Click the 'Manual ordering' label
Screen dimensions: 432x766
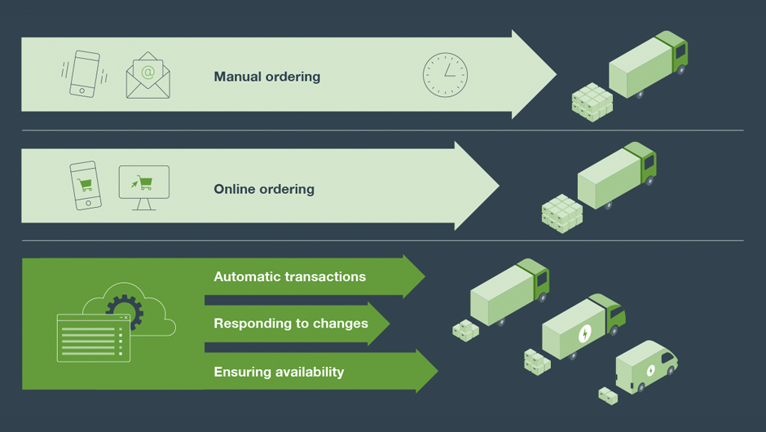pyautogui.click(x=266, y=77)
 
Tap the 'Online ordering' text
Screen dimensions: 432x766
pyautogui.click(x=263, y=189)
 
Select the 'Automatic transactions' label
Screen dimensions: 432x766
pyautogui.click(x=289, y=277)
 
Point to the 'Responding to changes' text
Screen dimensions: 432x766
pyautogui.click(x=291, y=324)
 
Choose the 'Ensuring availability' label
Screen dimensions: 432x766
pyautogui.click(x=279, y=372)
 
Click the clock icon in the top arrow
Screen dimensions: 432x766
pyautogui.click(x=445, y=76)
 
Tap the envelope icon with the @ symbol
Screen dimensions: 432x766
pyautogui.click(x=147, y=76)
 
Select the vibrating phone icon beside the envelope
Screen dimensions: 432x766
pyautogui.click(x=84, y=74)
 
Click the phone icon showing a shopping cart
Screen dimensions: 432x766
pyautogui.click(x=85, y=186)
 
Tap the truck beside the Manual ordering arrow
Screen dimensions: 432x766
pyautogui.click(x=649, y=64)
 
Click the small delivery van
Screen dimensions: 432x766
pyautogui.click(x=646, y=367)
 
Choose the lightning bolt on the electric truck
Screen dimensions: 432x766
pyautogui.click(x=584, y=333)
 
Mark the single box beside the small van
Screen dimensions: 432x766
pyautogui.click(x=608, y=395)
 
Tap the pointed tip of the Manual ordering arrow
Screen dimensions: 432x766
pyautogui.click(x=555, y=75)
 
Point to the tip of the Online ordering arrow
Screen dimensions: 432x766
pyautogui.click(x=498, y=186)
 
